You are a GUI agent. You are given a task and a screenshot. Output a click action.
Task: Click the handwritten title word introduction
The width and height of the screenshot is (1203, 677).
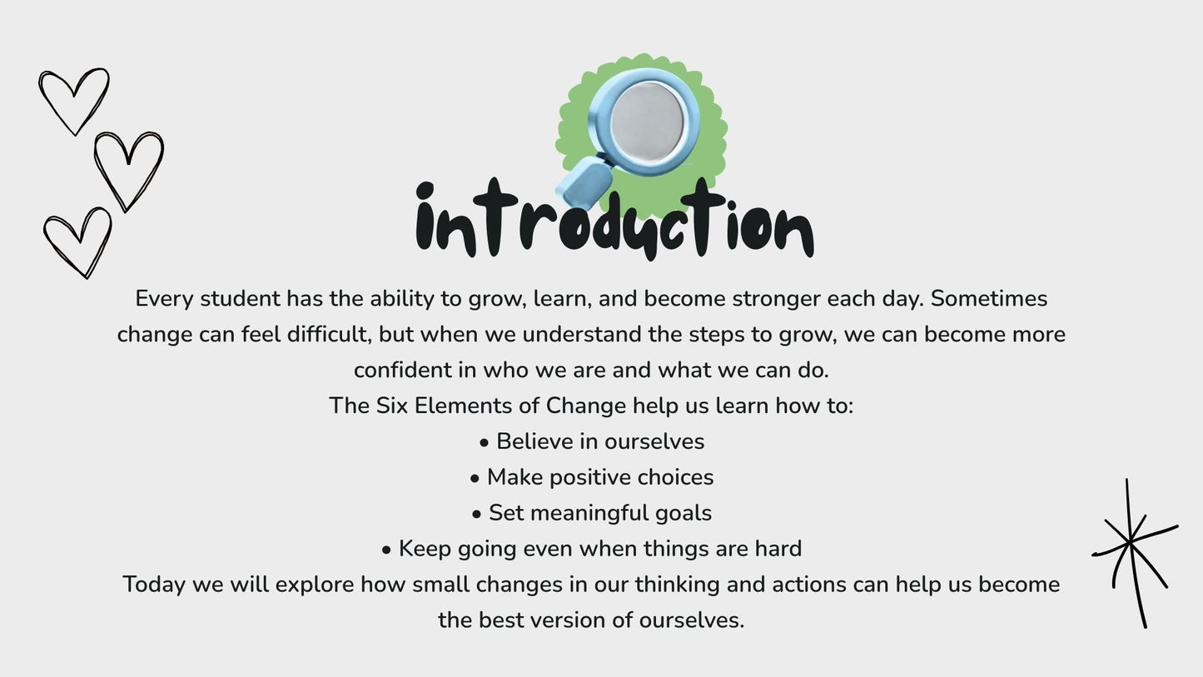pyautogui.click(x=614, y=222)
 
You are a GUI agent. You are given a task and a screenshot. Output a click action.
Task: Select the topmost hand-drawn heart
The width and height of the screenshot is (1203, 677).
pyautogui.click(x=74, y=99)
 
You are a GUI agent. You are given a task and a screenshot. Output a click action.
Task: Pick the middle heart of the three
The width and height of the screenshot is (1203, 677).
pyautogui.click(x=128, y=169)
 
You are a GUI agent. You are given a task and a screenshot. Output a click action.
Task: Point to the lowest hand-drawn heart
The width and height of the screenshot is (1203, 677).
pyautogui.click(x=78, y=240)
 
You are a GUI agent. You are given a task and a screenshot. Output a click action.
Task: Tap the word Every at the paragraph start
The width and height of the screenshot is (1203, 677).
pyautogui.click(x=164, y=298)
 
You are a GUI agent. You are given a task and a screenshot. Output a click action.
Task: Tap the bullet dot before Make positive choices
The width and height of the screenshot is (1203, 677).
pyautogui.click(x=475, y=479)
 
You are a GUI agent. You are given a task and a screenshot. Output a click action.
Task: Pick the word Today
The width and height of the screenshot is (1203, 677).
pyautogui.click(x=154, y=585)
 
